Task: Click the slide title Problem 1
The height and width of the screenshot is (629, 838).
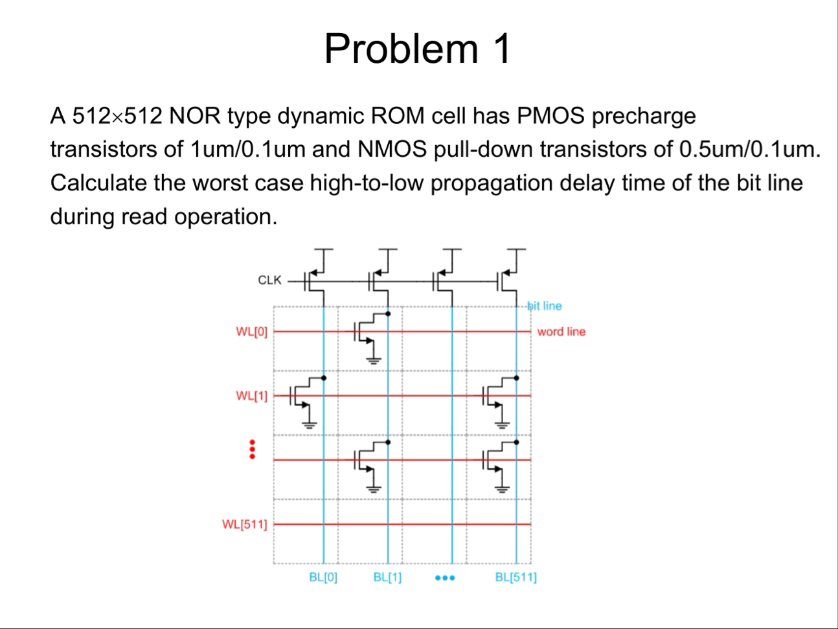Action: tap(418, 49)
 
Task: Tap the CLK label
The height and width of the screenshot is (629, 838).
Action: tap(269, 280)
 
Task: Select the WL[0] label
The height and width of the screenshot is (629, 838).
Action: tap(251, 332)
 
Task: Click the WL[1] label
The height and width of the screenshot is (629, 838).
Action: tap(251, 395)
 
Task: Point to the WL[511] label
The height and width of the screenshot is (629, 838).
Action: tap(244, 523)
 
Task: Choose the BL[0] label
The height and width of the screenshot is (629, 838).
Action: tap(323, 577)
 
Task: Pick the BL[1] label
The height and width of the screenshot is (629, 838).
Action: tap(387, 577)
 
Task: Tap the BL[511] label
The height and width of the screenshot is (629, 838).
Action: tap(515, 577)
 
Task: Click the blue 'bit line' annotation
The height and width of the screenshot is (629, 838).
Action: tap(545, 306)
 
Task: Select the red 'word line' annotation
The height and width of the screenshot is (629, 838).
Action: tap(561, 332)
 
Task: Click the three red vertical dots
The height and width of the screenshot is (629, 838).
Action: tap(253, 450)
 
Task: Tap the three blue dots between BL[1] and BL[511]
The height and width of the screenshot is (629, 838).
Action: tap(446, 577)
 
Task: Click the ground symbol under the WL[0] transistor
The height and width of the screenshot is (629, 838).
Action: tap(374, 360)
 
